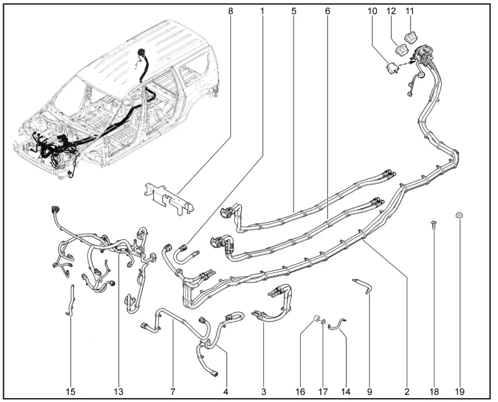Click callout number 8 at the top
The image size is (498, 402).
coord(231,11)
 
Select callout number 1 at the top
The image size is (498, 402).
coord(263,11)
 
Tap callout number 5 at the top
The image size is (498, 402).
coord(294,11)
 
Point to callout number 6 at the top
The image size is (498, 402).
coord(327,11)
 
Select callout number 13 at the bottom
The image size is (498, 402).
coord(119,391)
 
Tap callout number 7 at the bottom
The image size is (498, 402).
coord(173,391)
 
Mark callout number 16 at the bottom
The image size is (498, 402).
coord(300,391)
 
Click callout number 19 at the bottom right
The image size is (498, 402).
coord(460,391)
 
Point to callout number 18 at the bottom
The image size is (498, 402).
coord(433,391)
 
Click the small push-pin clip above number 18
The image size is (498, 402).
coord(433,226)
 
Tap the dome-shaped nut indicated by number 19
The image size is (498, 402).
coord(459,214)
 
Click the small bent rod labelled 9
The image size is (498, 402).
coord(362,285)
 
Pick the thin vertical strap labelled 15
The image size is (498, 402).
coord(70,302)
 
